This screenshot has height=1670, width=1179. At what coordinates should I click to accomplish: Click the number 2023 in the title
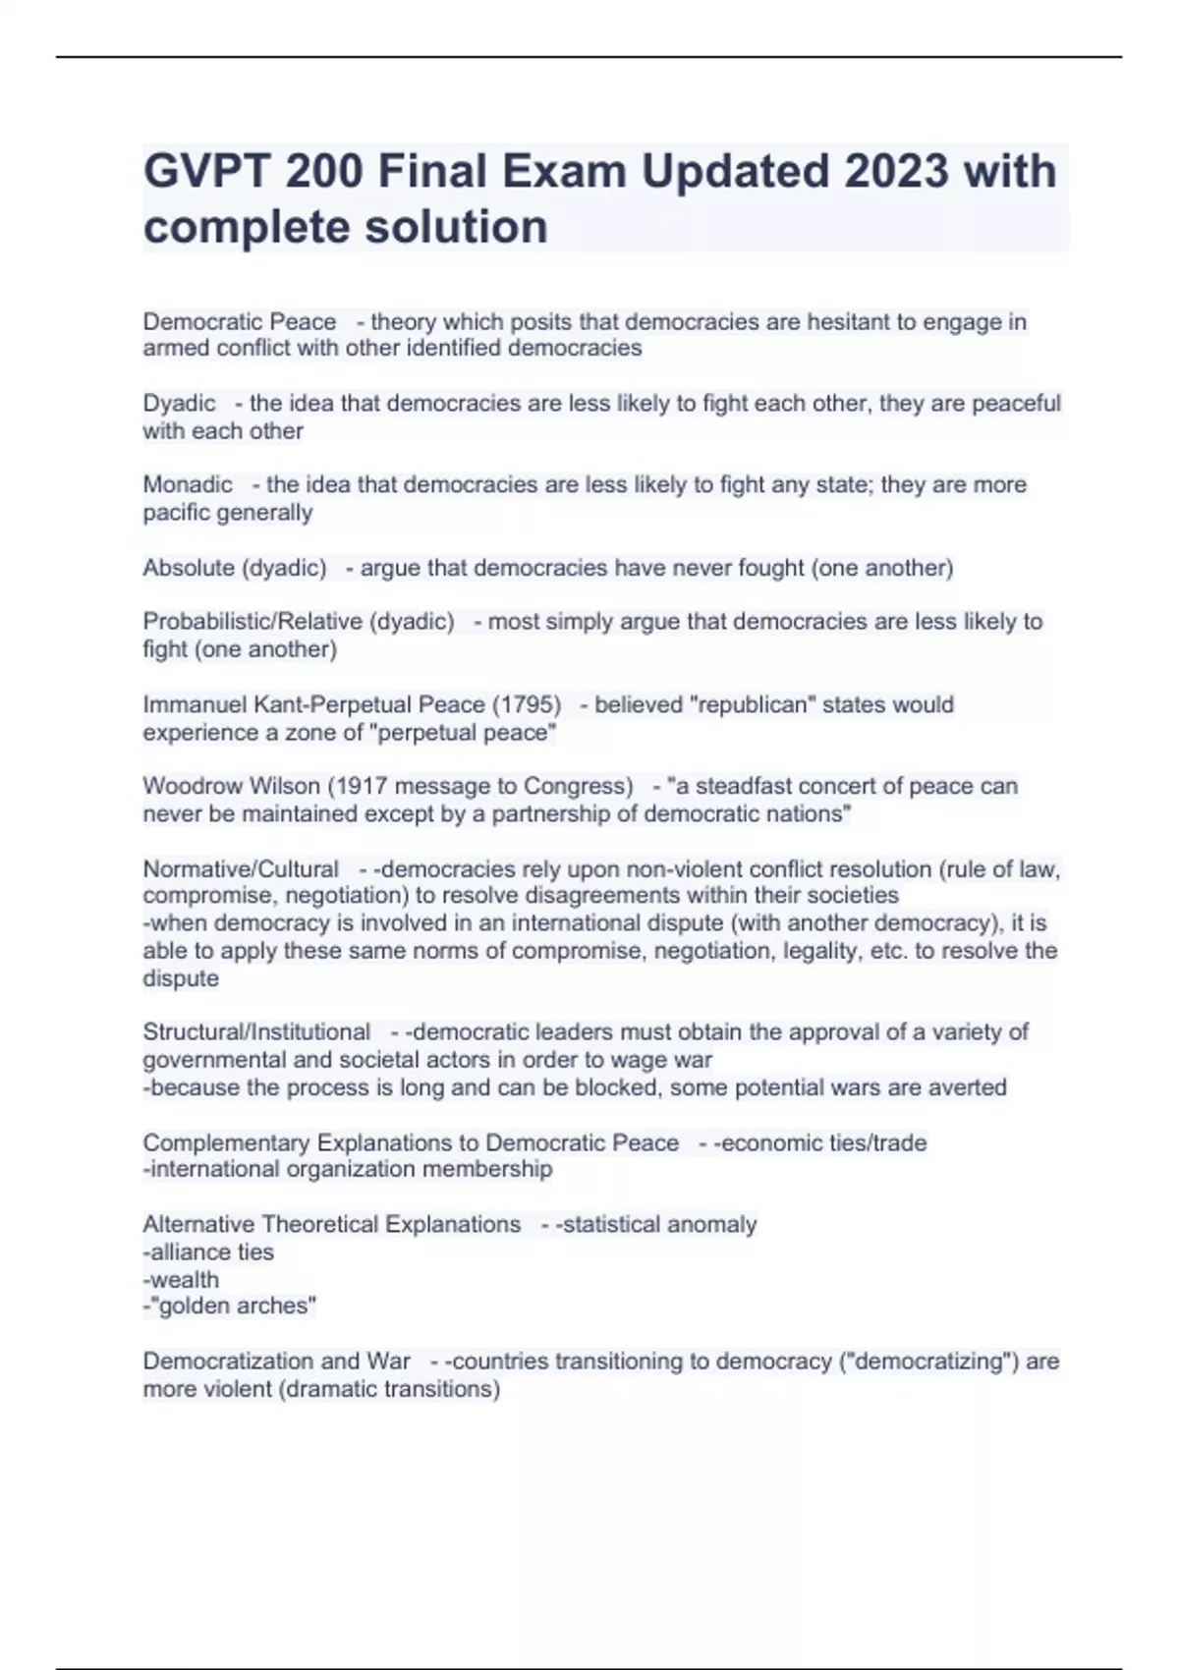coord(895,172)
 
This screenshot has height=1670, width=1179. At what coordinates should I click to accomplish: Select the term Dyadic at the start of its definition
coord(179,404)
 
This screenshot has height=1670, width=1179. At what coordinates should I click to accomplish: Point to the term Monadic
coord(188,484)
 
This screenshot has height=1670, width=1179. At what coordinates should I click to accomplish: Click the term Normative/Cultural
coord(241,869)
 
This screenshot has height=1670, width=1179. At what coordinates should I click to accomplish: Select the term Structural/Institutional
coord(256,1032)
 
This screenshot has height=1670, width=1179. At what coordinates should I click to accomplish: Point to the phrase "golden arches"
coord(232,1306)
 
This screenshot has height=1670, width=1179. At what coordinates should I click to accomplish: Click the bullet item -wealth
coord(181,1279)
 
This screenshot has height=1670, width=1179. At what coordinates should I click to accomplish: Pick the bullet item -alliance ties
coord(208,1252)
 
